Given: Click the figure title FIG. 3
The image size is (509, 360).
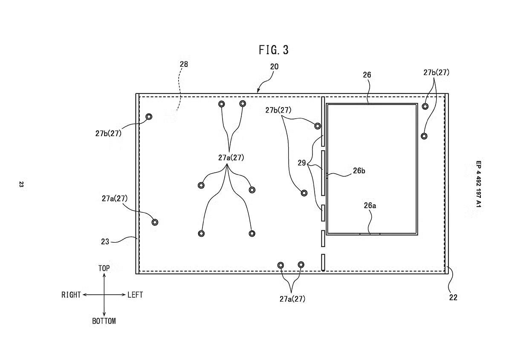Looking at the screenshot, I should click(x=274, y=50).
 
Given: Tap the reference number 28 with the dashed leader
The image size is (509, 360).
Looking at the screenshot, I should click(x=184, y=64).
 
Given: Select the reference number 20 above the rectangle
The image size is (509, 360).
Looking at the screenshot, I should click(x=274, y=67).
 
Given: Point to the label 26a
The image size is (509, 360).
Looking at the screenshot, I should click(x=370, y=206).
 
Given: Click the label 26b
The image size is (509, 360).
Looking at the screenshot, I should click(x=359, y=171).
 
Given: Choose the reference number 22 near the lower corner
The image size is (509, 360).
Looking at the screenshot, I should click(x=453, y=298).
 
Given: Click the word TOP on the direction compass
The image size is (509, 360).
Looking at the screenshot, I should click(x=104, y=268).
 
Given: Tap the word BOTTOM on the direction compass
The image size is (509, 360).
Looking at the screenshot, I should click(x=104, y=321).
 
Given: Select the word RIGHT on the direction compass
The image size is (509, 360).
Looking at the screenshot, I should click(x=71, y=295).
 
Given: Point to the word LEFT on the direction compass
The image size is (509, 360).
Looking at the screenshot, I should click(x=135, y=295).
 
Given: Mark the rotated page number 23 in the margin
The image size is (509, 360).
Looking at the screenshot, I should click(x=21, y=185).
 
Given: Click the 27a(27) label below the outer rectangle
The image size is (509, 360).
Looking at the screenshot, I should click(x=292, y=299).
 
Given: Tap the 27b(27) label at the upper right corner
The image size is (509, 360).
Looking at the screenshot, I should click(x=436, y=73).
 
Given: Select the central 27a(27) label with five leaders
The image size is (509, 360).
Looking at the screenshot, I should click(x=231, y=158).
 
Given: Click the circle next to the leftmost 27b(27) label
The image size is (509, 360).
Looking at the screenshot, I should click(x=149, y=116).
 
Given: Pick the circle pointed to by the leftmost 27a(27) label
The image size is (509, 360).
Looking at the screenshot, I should click(x=155, y=222).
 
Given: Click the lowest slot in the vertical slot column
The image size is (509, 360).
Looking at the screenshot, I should click(x=323, y=262).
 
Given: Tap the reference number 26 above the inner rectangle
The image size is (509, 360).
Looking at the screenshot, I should click(x=367, y=75).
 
